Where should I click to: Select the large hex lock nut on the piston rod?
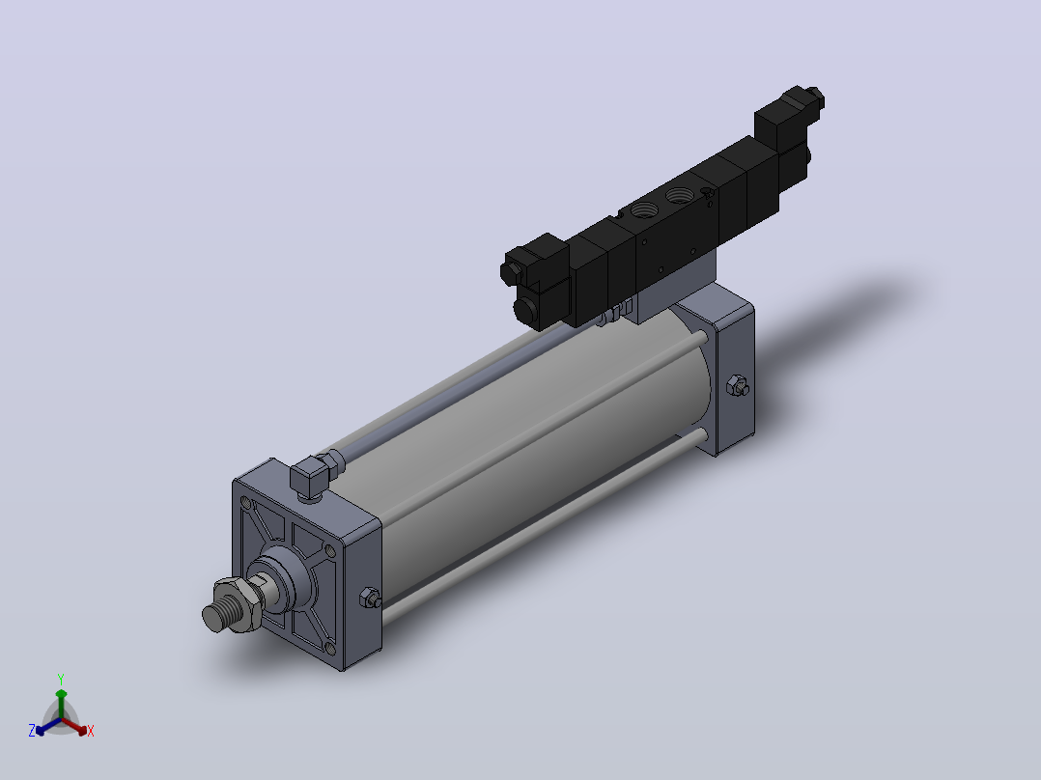click(x=237, y=601)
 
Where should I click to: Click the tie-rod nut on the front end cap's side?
click(x=370, y=598)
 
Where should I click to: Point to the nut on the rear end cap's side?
click(x=737, y=385)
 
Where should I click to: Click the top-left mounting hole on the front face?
click(x=245, y=503)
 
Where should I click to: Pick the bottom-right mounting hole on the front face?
click(x=330, y=647)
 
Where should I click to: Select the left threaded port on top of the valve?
click(x=643, y=209)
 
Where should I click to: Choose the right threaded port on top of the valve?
click(x=679, y=194)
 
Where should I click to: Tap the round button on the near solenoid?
click(x=526, y=310)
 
